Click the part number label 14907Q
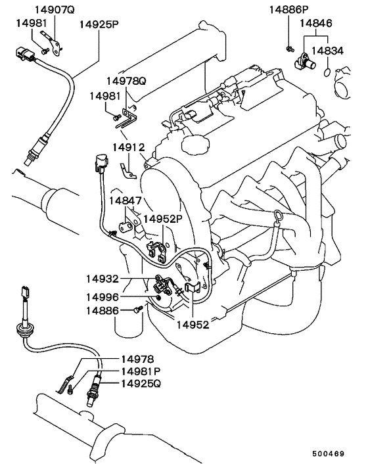[55, 9]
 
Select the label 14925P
[99, 24]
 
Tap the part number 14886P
[288, 9]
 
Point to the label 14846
[316, 23]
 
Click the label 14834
[327, 51]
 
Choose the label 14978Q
[126, 81]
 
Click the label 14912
[128, 147]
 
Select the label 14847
[126, 200]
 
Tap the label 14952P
[163, 219]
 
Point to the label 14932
[103, 279]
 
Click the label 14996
[103, 297]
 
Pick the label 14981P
[141, 371]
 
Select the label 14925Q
[141, 384]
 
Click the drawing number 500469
[329, 453]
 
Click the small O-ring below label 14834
[327, 72]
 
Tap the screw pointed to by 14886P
[289, 49]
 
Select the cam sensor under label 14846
[305, 61]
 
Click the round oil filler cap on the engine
[195, 144]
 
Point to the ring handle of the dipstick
[278, 216]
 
